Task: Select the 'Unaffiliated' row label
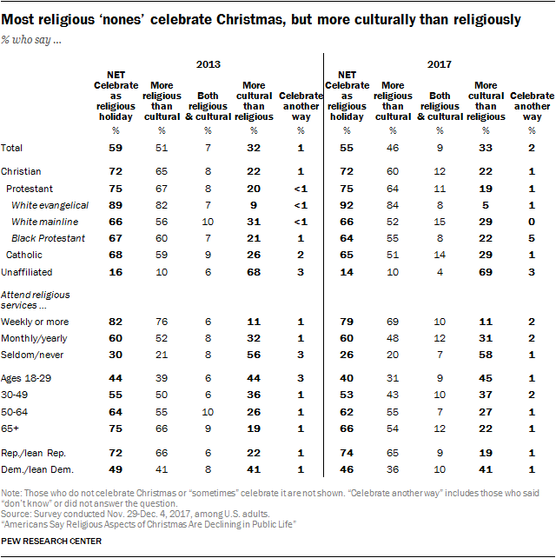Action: [x=27, y=271]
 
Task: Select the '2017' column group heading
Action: [x=440, y=63]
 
